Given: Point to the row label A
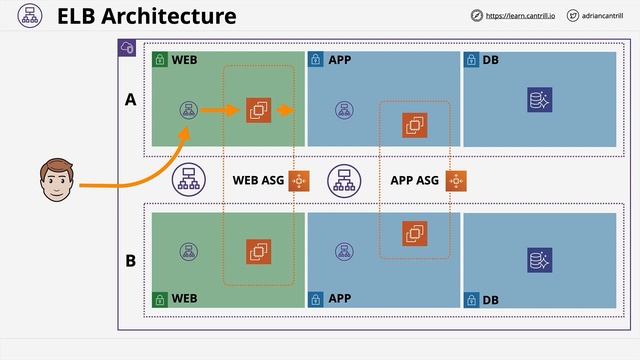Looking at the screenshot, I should [129, 101].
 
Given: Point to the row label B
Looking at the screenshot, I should [130, 261].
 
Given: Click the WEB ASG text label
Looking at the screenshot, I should [258, 181].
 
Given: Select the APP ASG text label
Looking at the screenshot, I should [414, 181].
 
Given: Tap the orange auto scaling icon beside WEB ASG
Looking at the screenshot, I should [298, 181].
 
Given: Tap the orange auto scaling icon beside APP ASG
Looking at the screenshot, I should [456, 181].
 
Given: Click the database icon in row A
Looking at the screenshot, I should [539, 100].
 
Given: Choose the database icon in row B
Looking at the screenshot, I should [539, 261].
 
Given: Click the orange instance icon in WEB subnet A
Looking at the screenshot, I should [258, 109].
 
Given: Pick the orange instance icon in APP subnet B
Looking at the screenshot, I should [414, 234].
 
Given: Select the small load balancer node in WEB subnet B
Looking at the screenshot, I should [187, 251].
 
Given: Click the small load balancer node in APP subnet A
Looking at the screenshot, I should [343, 109].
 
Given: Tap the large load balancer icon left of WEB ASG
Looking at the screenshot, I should [187, 180].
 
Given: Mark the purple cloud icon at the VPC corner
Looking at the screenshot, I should [127, 48].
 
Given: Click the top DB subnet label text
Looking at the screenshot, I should [490, 60].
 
